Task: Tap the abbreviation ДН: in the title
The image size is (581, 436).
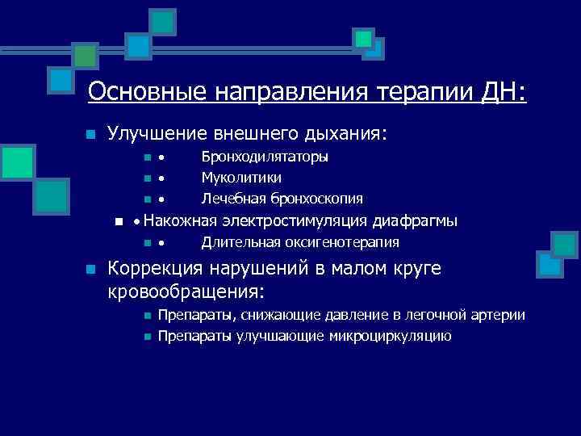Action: click(502, 92)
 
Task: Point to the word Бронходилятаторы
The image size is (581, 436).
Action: click(265, 157)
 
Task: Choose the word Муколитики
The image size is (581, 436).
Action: click(241, 178)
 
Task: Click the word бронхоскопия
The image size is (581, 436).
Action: click(316, 199)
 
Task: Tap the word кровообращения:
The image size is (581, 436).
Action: click(187, 289)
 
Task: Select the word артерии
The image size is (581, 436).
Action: click(500, 315)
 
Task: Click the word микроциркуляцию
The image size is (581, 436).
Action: click(390, 336)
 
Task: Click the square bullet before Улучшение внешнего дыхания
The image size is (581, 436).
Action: click(91, 134)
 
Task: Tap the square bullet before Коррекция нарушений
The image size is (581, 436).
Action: click(91, 270)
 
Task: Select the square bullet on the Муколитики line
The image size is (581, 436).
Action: click(145, 178)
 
